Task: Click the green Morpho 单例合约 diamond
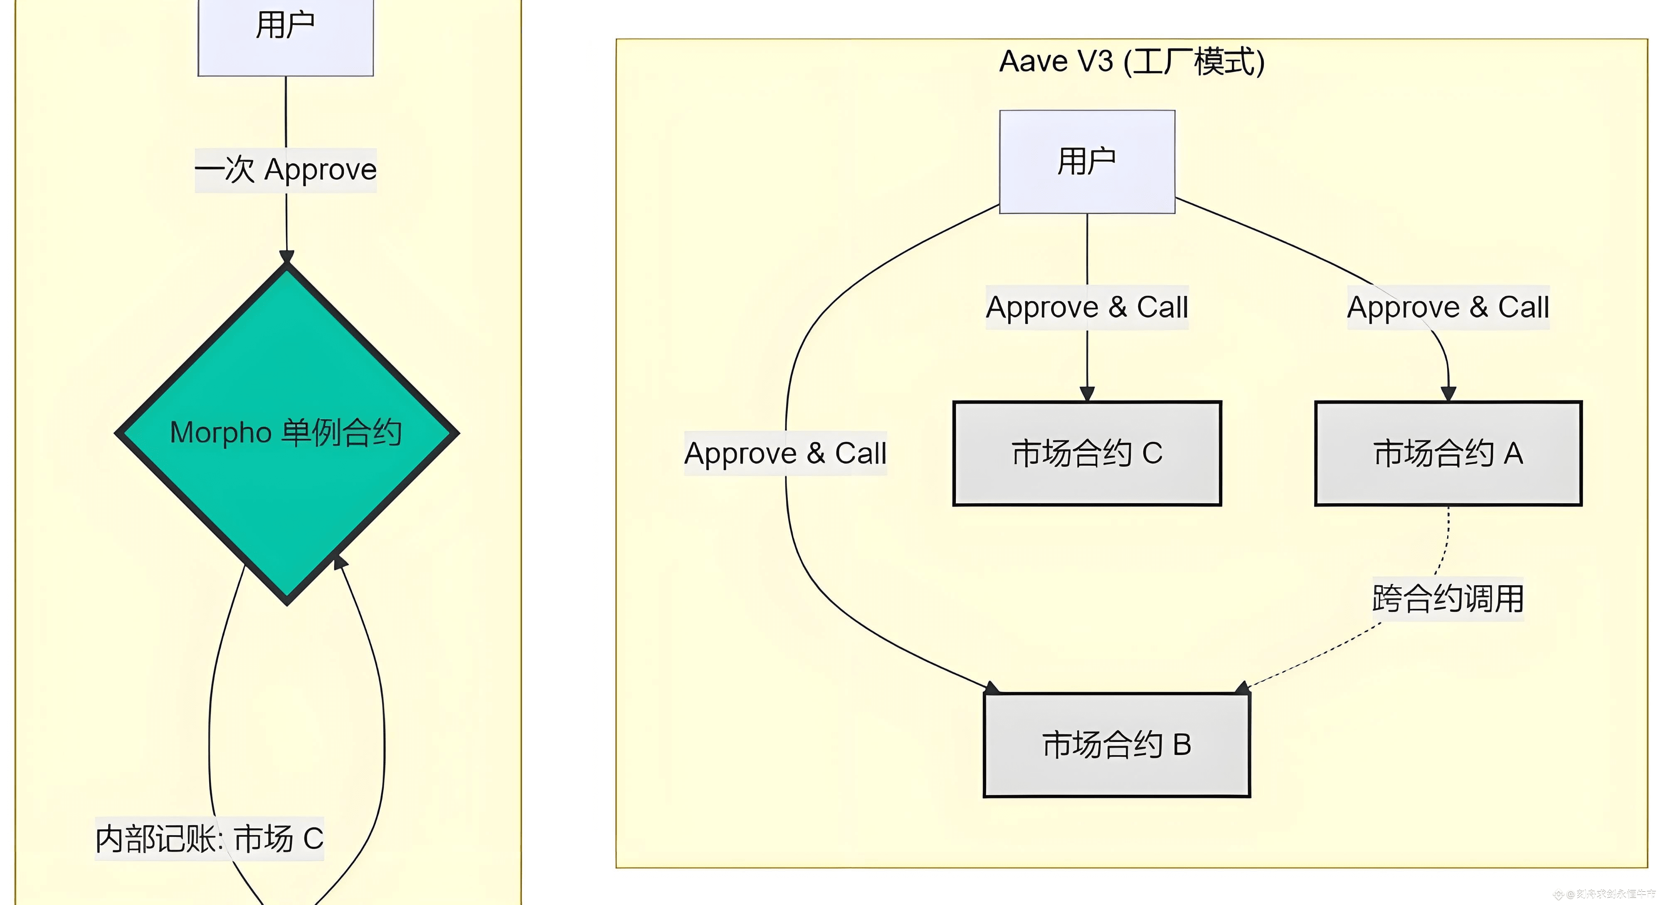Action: pos(286,433)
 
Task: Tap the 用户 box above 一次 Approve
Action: pos(285,32)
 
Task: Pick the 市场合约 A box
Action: pos(1448,453)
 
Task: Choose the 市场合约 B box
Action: pos(1116,745)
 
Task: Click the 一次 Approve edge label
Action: pos(285,170)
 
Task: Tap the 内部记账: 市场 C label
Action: pos(209,838)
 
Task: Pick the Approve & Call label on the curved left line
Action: pos(785,453)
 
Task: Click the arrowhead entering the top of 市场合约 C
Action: pos(1087,393)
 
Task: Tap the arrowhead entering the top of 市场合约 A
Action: pos(1448,393)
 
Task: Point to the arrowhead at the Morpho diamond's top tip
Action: pos(286,257)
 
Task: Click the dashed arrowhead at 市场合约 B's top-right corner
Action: pos(1242,688)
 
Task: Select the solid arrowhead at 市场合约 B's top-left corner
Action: pos(992,688)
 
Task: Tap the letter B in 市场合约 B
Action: pos(1182,745)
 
